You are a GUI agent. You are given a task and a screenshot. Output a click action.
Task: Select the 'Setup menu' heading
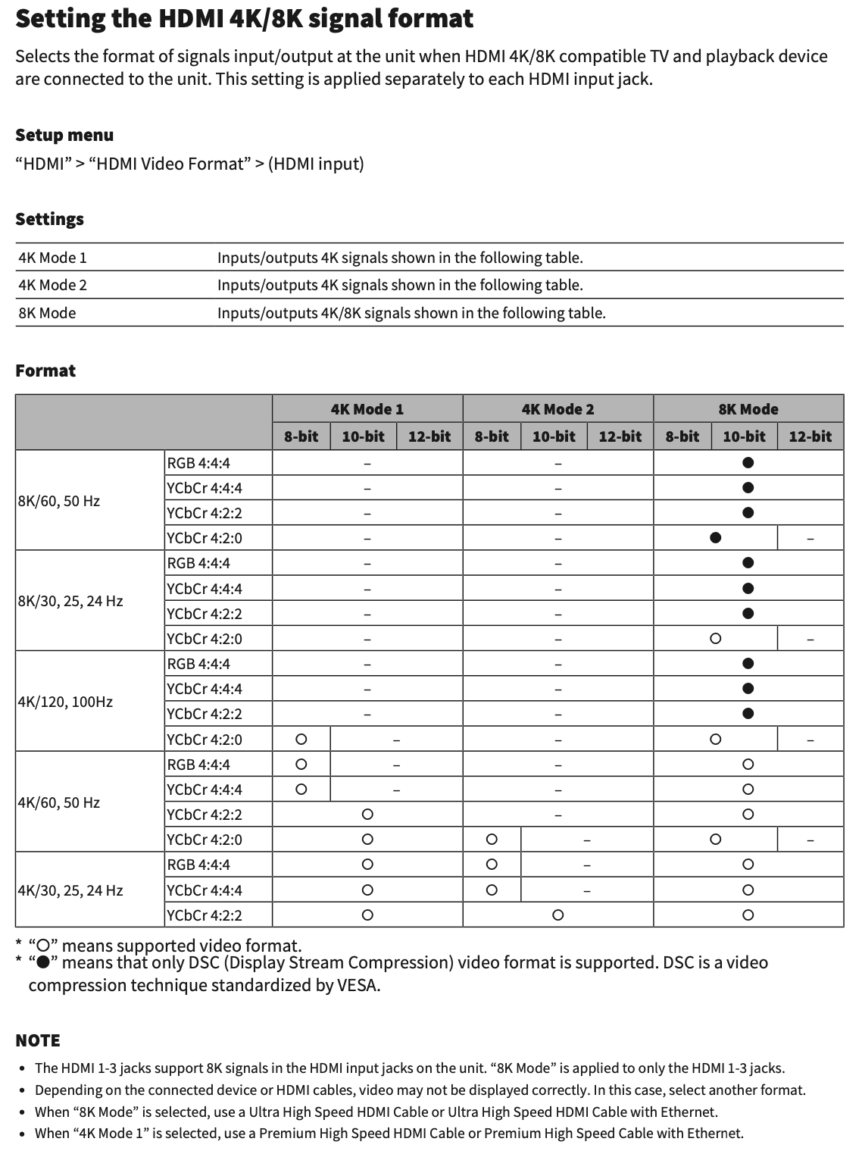tap(64, 136)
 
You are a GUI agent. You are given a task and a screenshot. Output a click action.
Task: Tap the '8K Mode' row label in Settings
tap(47, 313)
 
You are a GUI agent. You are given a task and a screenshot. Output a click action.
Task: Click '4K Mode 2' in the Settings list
tap(52, 285)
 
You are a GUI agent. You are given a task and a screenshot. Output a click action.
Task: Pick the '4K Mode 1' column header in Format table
tap(367, 409)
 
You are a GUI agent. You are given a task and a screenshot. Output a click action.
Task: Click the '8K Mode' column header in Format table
tap(748, 409)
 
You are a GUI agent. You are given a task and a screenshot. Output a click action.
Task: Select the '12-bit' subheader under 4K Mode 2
tap(620, 436)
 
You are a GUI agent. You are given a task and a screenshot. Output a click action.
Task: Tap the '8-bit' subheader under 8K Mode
tap(682, 436)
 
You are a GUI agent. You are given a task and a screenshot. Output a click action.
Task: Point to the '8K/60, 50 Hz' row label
tap(59, 501)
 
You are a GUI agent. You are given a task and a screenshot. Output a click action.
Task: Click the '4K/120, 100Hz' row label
tap(65, 702)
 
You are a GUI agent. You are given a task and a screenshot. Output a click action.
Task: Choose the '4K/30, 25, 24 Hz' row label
tap(70, 890)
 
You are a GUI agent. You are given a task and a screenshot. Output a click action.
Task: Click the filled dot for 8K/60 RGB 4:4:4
tap(748, 463)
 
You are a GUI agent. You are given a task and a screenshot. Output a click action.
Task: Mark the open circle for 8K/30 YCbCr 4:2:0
tap(715, 639)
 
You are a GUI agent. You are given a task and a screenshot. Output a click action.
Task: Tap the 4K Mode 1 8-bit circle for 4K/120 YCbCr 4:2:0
tap(301, 739)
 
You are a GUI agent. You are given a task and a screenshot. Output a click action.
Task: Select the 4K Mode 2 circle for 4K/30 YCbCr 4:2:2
tap(557, 915)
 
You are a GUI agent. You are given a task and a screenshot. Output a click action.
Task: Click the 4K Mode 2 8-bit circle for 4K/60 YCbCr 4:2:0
tap(492, 840)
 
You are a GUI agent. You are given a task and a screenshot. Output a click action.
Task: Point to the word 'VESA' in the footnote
tap(357, 986)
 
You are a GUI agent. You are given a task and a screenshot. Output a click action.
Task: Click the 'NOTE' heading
tap(38, 1040)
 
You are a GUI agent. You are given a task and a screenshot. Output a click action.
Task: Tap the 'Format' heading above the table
tap(45, 371)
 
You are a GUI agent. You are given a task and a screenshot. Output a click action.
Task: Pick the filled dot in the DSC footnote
tap(44, 963)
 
